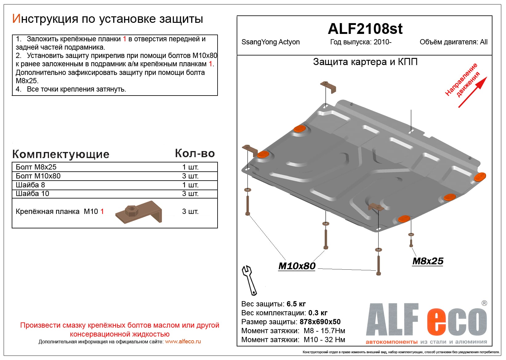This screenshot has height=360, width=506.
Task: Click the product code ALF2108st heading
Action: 365,29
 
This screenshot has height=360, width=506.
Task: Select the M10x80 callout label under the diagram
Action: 297,266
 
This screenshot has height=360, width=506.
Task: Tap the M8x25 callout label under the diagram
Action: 428,261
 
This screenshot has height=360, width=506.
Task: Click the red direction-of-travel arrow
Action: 472,92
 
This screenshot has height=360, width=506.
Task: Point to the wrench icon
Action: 249,280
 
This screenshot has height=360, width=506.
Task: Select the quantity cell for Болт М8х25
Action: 190,167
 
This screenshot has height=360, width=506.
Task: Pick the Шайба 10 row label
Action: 32,194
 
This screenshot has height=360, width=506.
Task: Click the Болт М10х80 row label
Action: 38,176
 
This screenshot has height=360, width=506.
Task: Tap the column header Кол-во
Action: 195,153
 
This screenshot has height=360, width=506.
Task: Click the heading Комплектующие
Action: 61,154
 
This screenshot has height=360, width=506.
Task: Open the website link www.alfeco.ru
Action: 183,342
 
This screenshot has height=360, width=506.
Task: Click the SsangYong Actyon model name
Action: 270,42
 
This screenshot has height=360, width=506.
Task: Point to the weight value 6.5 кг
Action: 296,304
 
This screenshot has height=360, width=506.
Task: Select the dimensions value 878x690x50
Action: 320,322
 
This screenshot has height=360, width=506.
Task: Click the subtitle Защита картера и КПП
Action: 365,62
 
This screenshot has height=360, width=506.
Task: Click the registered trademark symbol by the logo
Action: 484,303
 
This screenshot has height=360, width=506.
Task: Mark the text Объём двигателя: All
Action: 453,42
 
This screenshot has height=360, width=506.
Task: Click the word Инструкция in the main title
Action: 45,19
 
